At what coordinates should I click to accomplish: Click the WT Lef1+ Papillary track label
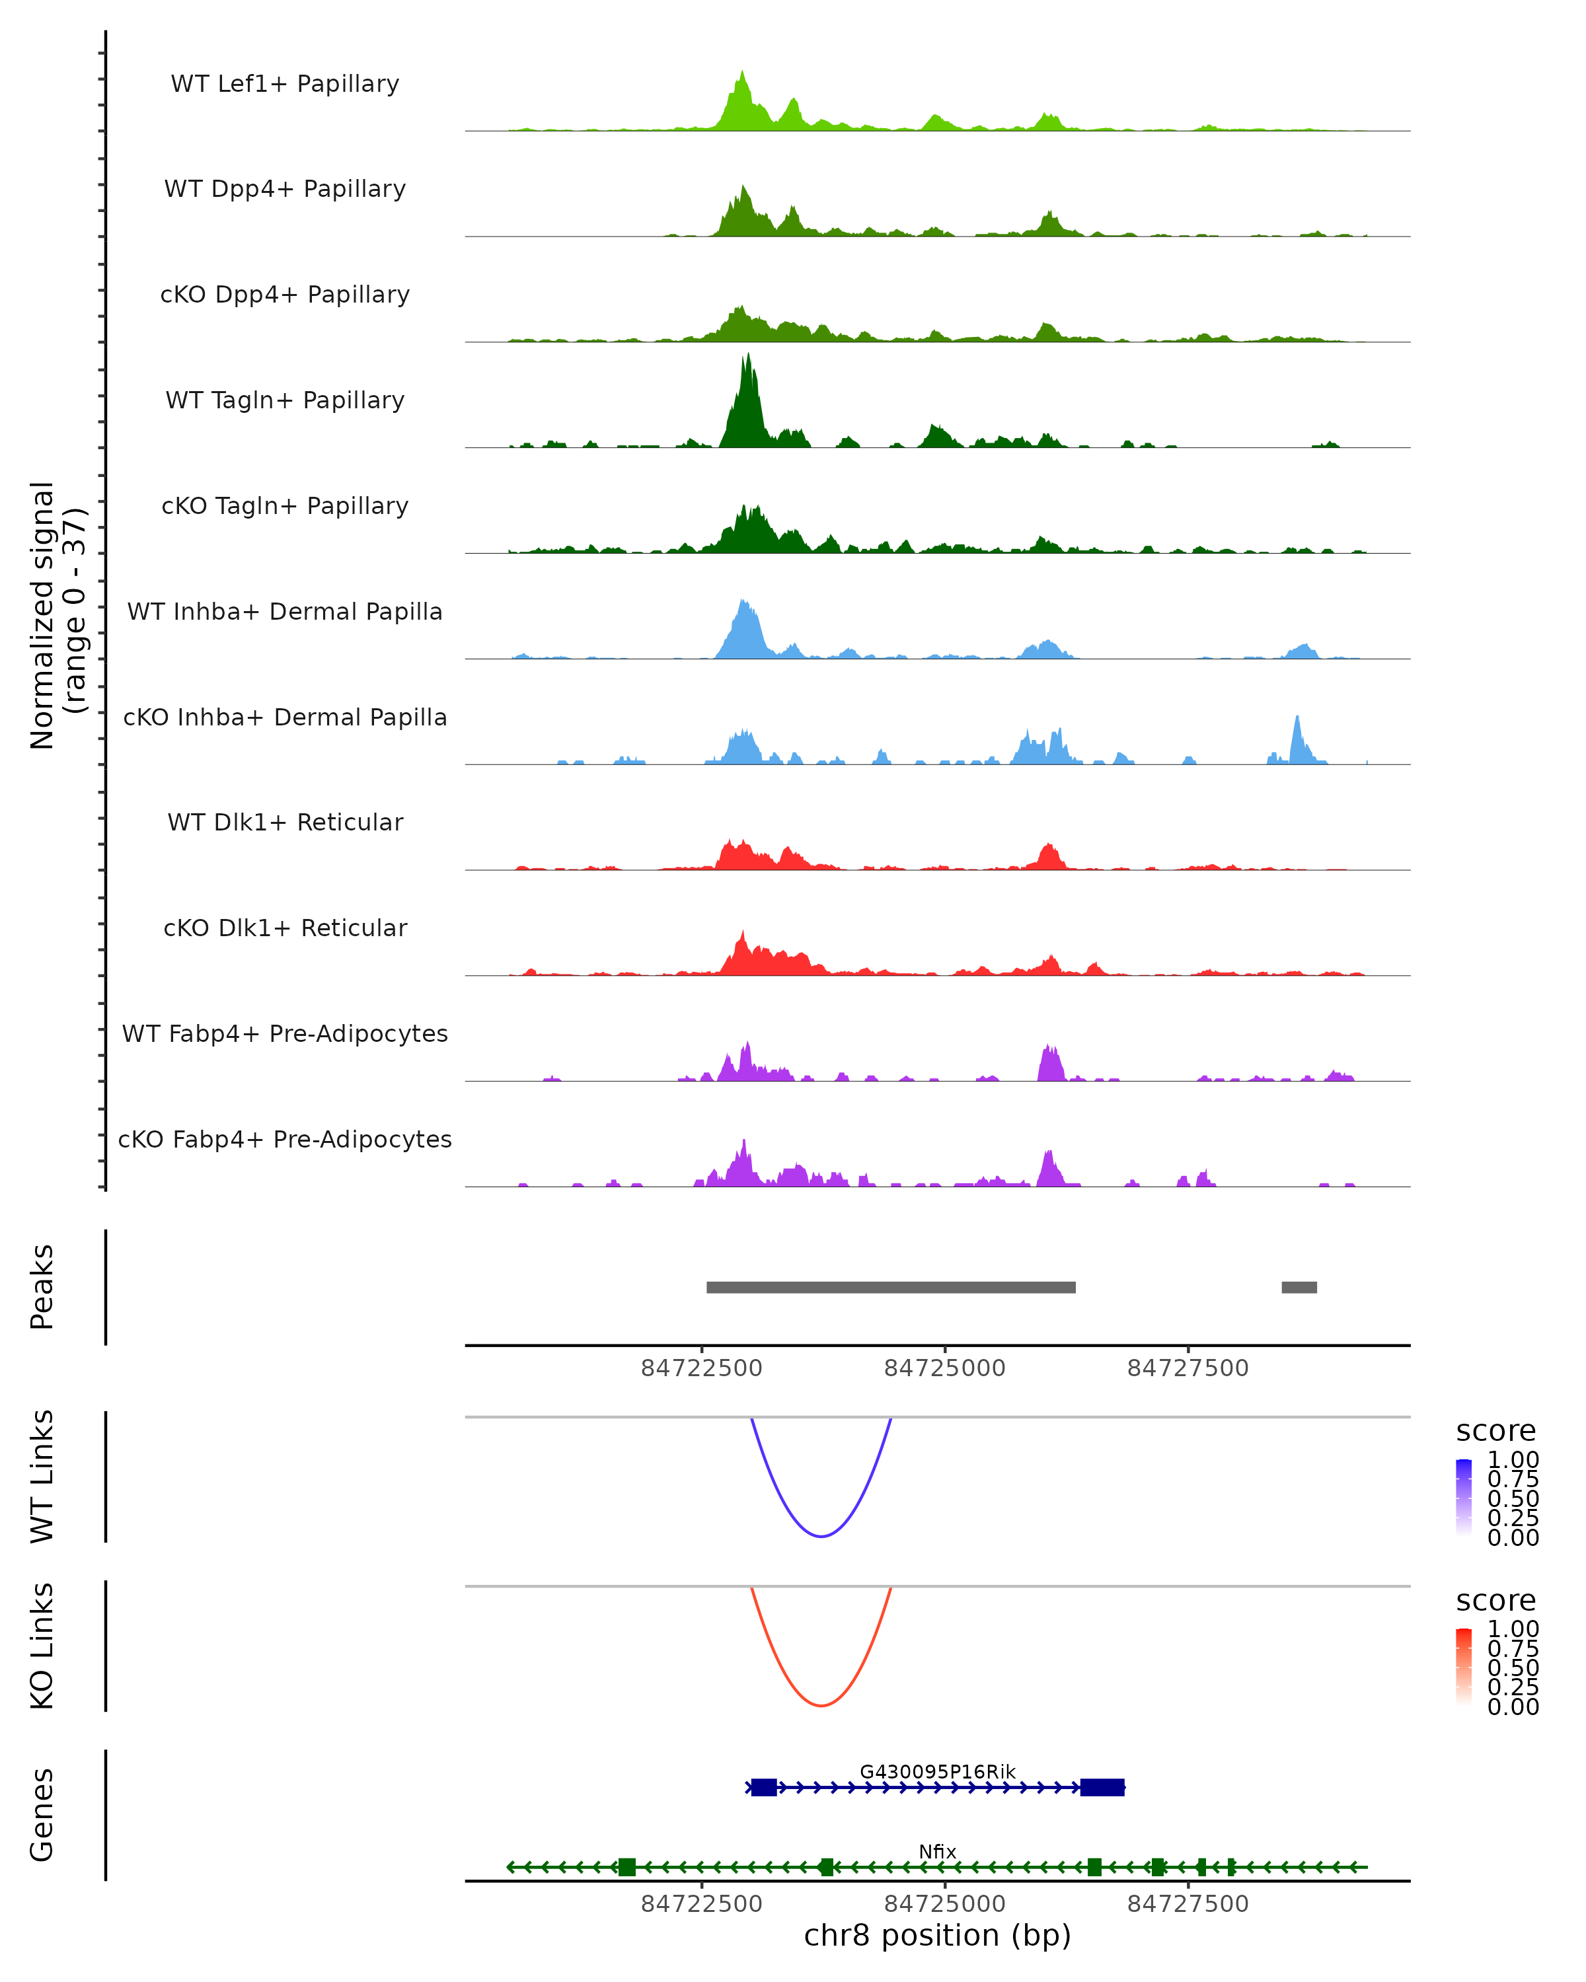[x=285, y=84]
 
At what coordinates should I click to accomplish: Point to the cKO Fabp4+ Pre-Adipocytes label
[x=285, y=1139]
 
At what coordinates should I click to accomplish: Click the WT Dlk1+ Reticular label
[x=285, y=823]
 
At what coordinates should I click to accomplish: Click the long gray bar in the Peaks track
[x=890, y=1287]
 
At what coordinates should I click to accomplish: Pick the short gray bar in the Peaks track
[x=1299, y=1287]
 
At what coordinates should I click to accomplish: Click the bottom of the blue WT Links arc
[x=821, y=1536]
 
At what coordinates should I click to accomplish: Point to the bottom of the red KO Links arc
[x=821, y=1705]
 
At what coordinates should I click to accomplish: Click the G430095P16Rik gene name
[x=937, y=1771]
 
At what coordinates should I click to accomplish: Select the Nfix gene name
[x=937, y=1851]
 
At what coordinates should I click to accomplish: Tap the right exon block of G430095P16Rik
[x=1102, y=1787]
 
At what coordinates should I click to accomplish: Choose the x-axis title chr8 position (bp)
[x=937, y=1936]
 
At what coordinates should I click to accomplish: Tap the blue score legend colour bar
[x=1464, y=1496]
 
